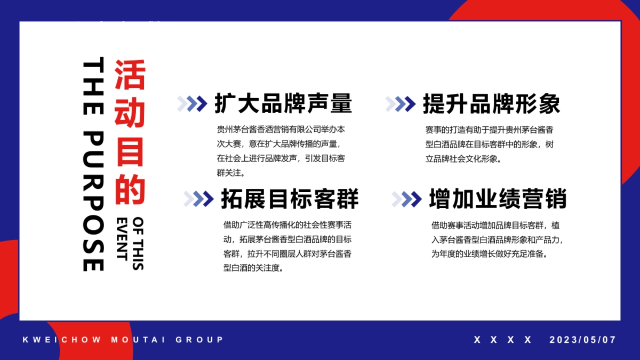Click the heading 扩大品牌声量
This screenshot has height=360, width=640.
(x=283, y=103)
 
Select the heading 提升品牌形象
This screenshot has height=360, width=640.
(x=491, y=103)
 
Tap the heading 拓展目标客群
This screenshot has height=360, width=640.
(x=290, y=199)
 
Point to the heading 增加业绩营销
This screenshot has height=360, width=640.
(x=498, y=199)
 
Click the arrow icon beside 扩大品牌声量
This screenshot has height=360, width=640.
(x=192, y=103)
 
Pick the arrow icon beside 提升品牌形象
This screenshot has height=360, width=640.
(x=400, y=103)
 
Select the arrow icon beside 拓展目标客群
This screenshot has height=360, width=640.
(x=198, y=199)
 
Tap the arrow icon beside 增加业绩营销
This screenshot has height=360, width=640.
(x=406, y=199)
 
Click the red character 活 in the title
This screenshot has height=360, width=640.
(x=130, y=75)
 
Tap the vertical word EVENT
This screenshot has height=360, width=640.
(x=123, y=238)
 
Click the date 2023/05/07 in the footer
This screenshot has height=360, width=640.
(x=582, y=340)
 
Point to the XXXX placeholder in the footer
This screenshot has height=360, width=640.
(x=503, y=340)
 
